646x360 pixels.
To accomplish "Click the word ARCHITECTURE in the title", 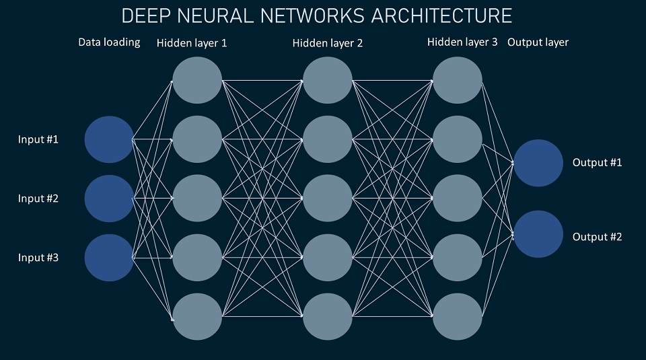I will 435,15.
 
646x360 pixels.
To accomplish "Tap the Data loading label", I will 109,42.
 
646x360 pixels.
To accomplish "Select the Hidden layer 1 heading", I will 192,43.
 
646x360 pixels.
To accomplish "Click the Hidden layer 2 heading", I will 328,43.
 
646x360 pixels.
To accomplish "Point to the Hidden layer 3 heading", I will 462,42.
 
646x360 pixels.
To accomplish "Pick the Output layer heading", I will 538,42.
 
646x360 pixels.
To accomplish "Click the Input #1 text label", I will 38,140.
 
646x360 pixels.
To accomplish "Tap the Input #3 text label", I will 38,257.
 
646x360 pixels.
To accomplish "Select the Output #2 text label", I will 597,237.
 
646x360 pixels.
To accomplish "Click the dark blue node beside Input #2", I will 109,199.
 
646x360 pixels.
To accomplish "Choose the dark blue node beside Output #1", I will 538,163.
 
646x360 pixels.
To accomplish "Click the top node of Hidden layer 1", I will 197,81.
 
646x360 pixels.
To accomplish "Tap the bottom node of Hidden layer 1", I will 197,316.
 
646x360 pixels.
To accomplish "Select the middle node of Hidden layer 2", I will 328,199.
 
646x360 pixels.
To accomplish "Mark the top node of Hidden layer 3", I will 458,81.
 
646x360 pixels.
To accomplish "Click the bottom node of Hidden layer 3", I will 458,316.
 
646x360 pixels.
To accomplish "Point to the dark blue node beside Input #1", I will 109,140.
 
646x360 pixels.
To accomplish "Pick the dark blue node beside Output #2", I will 538,234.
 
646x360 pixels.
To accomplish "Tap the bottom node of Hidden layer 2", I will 328,316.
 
